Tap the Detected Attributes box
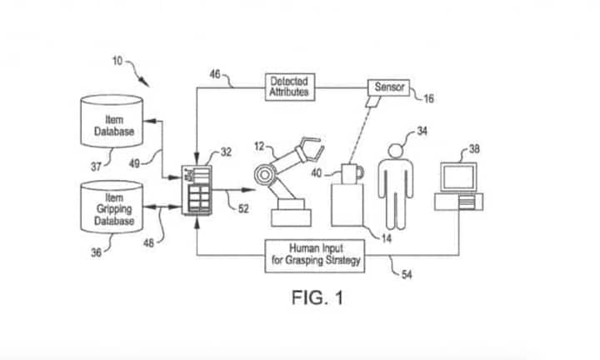[288, 87]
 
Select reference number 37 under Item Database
[95, 167]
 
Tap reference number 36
[96, 252]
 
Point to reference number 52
[242, 208]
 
